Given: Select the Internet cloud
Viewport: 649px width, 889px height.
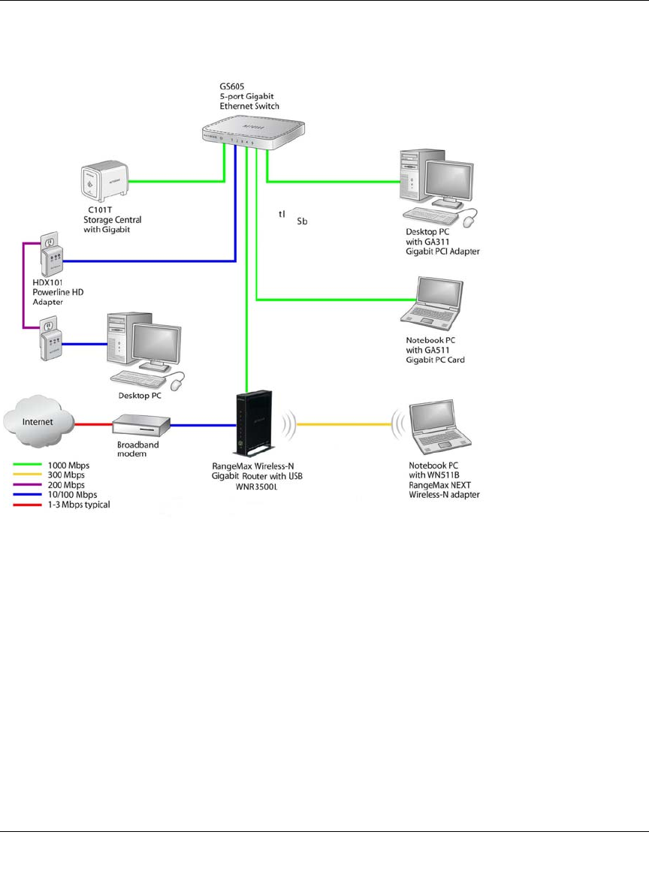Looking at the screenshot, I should coord(38,423).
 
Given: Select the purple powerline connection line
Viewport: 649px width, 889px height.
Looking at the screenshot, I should coord(23,285).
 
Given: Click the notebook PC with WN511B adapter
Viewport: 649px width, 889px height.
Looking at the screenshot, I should coord(438,428).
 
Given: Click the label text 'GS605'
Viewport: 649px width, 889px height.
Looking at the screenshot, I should coord(222,86).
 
